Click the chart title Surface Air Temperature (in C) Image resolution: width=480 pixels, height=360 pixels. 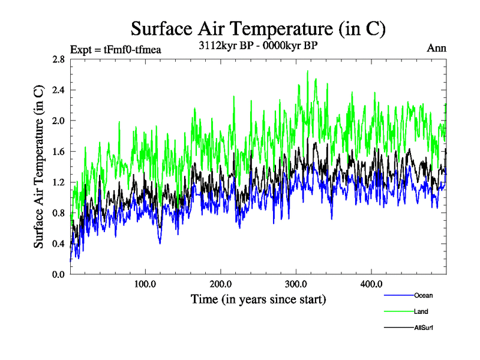257,29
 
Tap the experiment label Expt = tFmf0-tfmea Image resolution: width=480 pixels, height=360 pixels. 116,50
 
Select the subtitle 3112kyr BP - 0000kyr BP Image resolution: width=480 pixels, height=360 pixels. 257,45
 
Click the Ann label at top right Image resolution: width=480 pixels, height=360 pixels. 436,49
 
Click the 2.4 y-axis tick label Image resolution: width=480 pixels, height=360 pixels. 58,90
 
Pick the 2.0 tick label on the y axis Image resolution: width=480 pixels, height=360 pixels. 58,121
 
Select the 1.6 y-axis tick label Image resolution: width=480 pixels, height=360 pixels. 58,152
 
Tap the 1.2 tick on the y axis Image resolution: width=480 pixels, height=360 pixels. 58,182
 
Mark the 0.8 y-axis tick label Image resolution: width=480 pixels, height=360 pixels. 58,213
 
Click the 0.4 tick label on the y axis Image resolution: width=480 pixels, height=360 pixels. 58,244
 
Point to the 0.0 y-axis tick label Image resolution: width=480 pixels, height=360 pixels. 58,274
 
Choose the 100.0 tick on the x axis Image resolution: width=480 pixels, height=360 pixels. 145,284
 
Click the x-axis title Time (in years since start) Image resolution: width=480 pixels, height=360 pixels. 258,298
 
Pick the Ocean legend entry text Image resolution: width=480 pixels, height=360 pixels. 423,295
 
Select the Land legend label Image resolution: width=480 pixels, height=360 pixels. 421,311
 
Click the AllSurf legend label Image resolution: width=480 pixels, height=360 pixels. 423,328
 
